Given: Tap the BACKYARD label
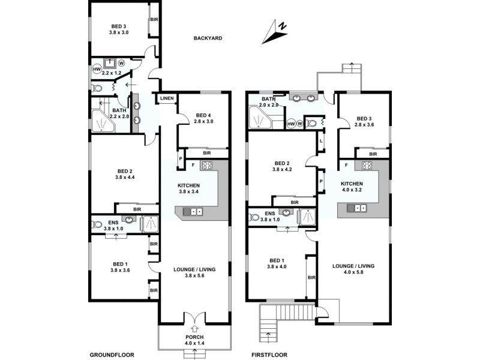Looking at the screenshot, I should click(208, 38).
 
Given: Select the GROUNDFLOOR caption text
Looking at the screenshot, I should click(112, 354).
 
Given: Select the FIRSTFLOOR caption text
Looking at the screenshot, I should click(265, 354).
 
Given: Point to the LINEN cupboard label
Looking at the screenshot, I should click(167, 98).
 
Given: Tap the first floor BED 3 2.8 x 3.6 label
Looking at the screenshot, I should click(364, 122).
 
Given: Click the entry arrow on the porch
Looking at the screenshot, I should click(194, 329).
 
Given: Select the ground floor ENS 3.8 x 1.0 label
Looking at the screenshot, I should click(113, 226).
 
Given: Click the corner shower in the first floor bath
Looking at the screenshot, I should click(259, 119).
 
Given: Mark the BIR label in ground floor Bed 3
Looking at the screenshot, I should click(154, 19).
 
